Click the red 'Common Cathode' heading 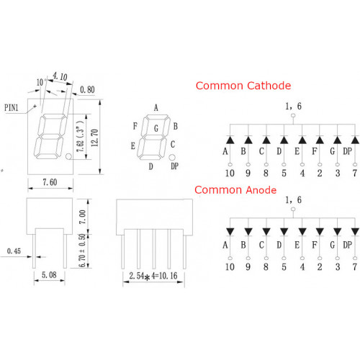click(243, 86)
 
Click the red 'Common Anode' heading click(235, 190)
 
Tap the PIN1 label click(12, 107)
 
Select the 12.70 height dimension click(94, 138)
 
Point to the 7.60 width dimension click(50, 182)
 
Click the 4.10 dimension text click(60, 76)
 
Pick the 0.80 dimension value click(87, 90)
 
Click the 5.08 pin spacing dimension click(49, 275)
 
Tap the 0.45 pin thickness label click(14, 251)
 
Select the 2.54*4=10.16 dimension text click(153, 276)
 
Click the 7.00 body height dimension click(82, 217)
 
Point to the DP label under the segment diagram click(174, 166)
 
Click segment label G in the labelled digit click(156, 129)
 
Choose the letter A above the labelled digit click(156, 108)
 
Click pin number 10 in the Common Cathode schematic click(230, 173)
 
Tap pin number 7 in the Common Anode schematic click(355, 266)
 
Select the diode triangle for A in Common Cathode click(230, 140)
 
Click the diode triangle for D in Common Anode click(284, 232)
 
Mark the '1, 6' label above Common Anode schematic click(293, 200)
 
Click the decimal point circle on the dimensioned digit click(68, 156)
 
